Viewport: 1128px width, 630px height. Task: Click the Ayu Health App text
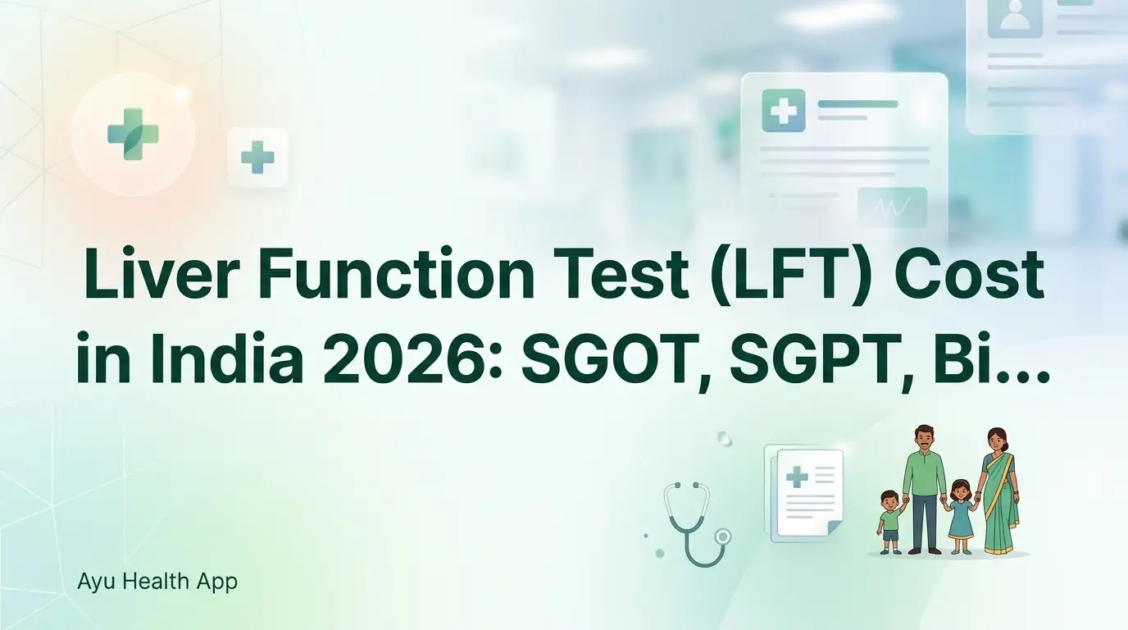(x=157, y=582)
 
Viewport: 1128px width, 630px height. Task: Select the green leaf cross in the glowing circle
(x=133, y=134)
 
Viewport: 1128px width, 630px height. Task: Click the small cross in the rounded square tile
(x=257, y=157)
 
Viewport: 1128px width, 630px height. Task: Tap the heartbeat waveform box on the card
(x=892, y=208)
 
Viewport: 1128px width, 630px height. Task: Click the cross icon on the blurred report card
(x=783, y=111)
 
